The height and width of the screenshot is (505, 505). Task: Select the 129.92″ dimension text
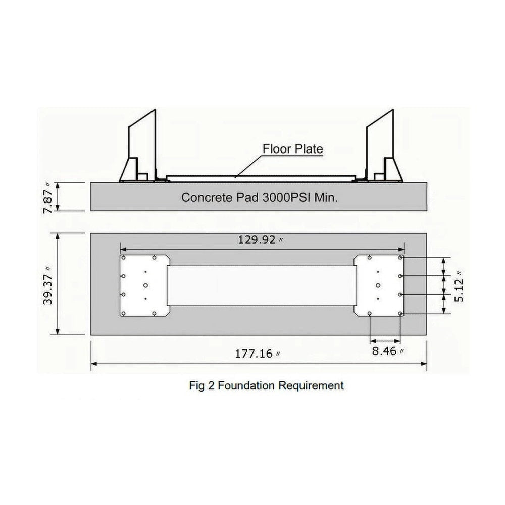coord(260,239)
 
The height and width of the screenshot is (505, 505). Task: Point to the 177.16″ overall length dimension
coord(257,353)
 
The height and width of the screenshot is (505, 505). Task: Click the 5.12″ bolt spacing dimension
coord(459,286)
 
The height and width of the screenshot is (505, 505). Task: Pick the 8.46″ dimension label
coord(387,351)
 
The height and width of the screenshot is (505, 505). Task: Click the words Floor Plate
coord(293,149)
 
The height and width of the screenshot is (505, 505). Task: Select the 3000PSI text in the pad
coord(286,197)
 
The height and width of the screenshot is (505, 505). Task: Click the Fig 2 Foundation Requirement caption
coord(266,385)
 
